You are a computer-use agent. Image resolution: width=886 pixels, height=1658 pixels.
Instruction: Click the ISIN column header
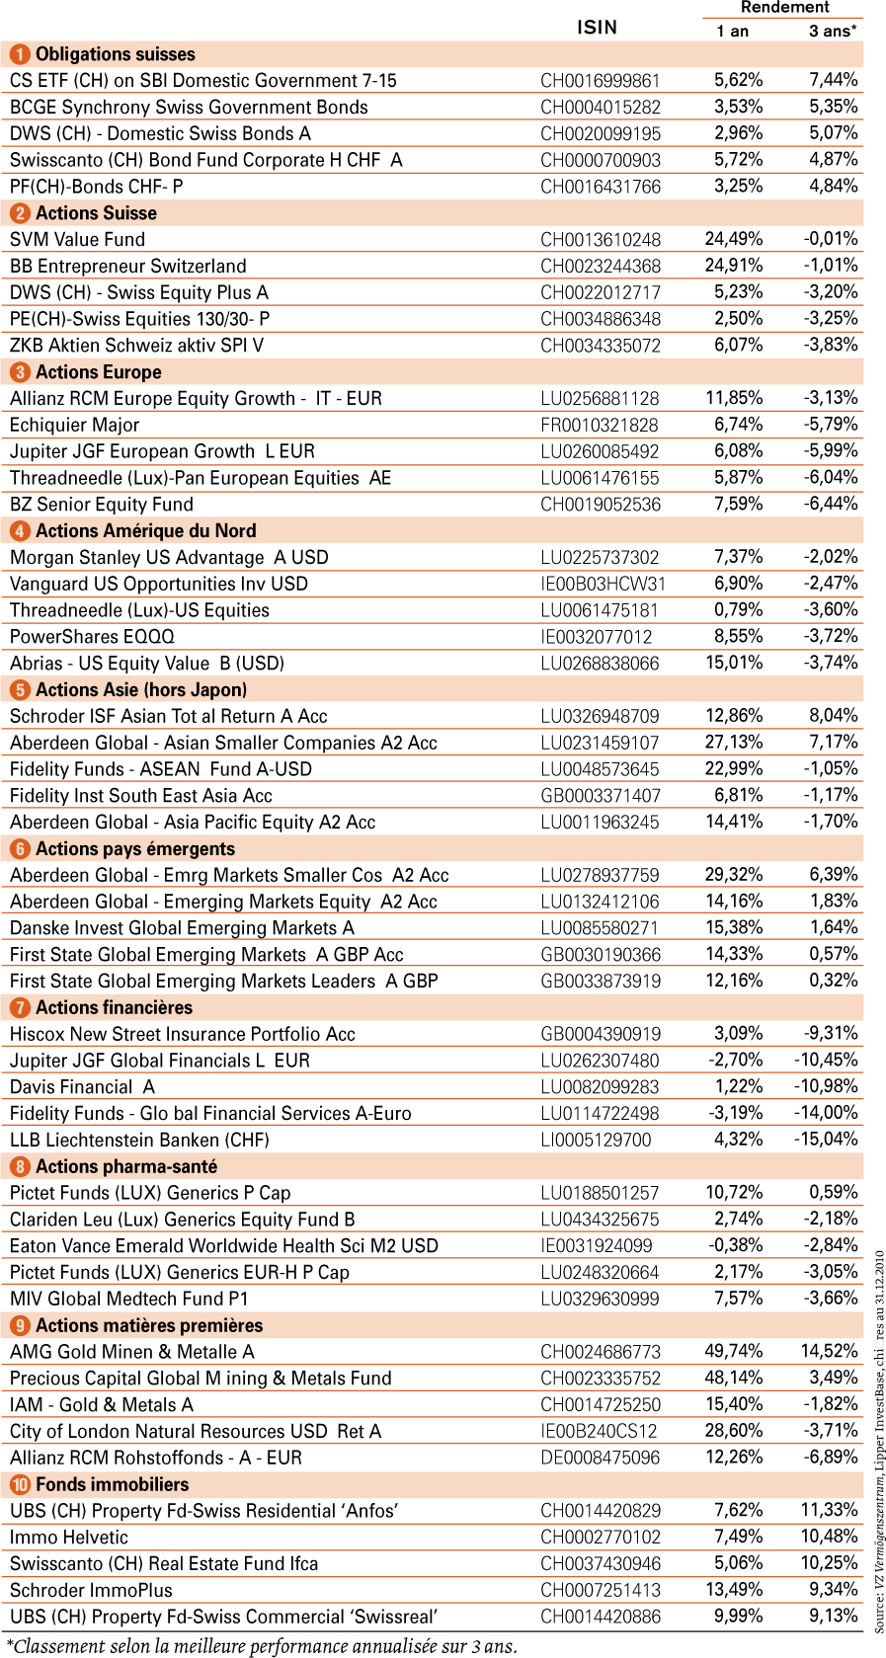(x=597, y=28)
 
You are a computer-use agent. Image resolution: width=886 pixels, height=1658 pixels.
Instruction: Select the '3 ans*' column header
(x=832, y=31)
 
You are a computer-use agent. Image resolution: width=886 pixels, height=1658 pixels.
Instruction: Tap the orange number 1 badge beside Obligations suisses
(x=20, y=54)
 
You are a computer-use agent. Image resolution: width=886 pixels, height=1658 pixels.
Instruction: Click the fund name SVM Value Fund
(x=78, y=240)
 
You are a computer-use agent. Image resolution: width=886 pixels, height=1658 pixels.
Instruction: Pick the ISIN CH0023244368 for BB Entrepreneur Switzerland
(x=601, y=267)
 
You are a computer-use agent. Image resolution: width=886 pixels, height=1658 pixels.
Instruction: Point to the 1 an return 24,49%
(x=734, y=239)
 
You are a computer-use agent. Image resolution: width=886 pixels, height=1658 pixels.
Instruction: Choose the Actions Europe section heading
(x=99, y=372)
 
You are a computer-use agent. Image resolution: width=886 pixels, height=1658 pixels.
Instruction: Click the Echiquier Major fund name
(x=75, y=425)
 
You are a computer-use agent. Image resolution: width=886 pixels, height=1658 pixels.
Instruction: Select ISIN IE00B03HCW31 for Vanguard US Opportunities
(x=604, y=584)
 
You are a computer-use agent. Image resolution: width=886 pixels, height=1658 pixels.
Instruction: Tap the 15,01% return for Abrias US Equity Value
(x=734, y=663)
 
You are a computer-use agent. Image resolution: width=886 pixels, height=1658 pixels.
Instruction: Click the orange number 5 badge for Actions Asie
(x=20, y=690)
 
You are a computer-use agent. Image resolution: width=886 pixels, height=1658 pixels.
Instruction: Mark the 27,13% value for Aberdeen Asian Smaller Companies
(x=734, y=742)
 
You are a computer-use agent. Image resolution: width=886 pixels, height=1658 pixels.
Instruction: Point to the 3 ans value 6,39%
(x=834, y=874)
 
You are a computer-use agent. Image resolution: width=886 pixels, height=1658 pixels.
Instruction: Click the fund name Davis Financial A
(x=82, y=1086)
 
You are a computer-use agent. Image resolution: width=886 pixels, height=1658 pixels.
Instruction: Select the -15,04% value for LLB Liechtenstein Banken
(x=826, y=1139)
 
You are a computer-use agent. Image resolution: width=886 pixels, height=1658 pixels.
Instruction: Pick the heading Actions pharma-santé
(x=126, y=1166)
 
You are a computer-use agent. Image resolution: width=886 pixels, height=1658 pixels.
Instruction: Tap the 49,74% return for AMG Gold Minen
(x=734, y=1351)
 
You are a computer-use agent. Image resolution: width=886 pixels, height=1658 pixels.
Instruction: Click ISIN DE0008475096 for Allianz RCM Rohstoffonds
(x=601, y=1458)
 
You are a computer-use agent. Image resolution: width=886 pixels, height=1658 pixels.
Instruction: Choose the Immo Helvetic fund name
(x=69, y=1537)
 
